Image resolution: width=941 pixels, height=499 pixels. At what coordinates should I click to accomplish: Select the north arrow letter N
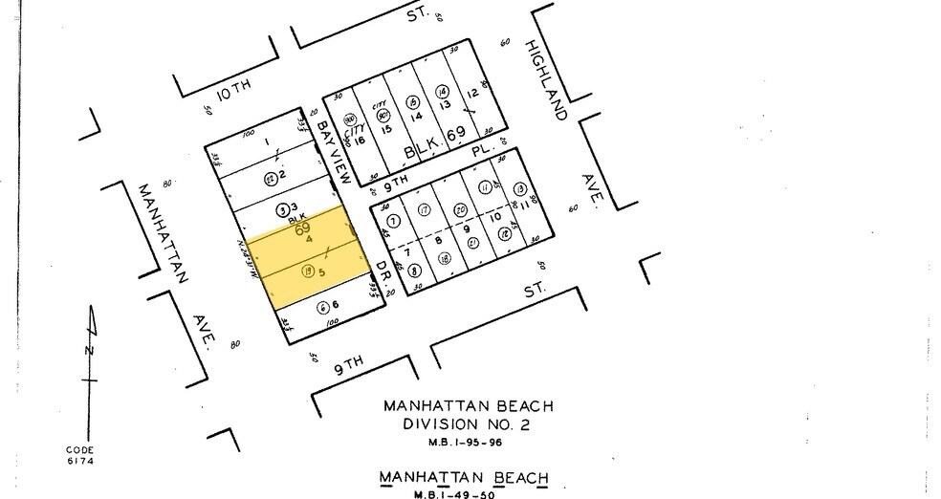pyautogui.click(x=89, y=351)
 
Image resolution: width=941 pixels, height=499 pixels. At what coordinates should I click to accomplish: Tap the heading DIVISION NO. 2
pyautogui.click(x=468, y=423)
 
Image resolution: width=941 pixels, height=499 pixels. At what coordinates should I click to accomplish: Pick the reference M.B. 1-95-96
pyautogui.click(x=468, y=443)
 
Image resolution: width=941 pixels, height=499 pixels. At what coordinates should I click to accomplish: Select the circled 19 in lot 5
pyautogui.click(x=308, y=272)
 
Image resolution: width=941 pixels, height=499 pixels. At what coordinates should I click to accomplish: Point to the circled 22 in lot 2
pyautogui.click(x=271, y=178)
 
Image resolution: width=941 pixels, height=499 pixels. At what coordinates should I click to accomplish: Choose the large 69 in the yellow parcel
pyautogui.click(x=302, y=230)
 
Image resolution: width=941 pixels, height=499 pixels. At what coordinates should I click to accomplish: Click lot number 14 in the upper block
pyautogui.click(x=417, y=116)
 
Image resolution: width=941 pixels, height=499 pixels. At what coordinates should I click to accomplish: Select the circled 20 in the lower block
pyautogui.click(x=459, y=209)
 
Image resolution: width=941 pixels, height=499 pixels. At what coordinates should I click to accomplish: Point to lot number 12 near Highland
pyautogui.click(x=471, y=93)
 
